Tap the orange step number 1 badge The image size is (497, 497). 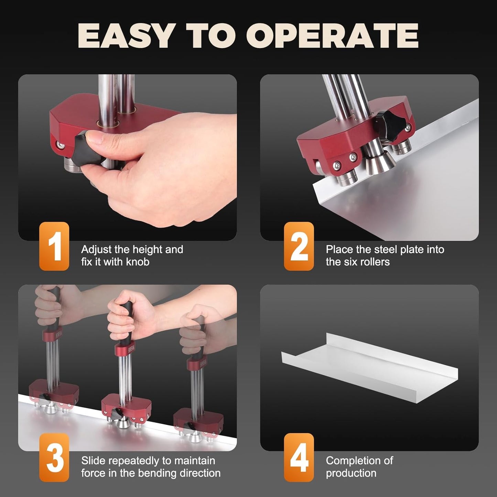(x=54, y=246)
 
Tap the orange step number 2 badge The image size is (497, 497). (x=299, y=246)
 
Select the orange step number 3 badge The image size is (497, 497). (x=54, y=457)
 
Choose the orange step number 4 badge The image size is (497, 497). (x=299, y=457)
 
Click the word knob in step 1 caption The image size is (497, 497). (x=138, y=262)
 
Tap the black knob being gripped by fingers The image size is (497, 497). (x=83, y=148)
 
